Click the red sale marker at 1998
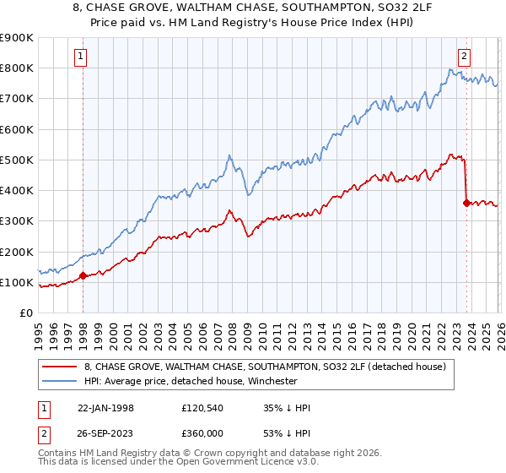click(83, 275)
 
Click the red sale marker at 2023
click(466, 203)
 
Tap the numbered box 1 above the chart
click(81, 57)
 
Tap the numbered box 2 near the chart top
click(464, 57)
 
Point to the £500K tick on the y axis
click(18, 160)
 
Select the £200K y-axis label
click(18, 252)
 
